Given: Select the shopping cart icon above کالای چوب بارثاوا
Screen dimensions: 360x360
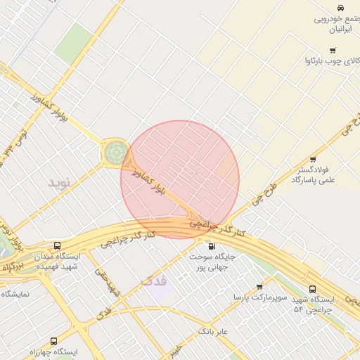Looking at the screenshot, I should (332, 50).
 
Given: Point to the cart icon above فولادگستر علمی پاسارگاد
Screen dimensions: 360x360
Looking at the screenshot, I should (313, 159).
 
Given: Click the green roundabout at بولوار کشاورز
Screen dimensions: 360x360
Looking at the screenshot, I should (116, 151).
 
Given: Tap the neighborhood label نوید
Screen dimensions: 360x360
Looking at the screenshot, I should (60, 183).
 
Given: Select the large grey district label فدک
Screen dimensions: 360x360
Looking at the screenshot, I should (153, 281).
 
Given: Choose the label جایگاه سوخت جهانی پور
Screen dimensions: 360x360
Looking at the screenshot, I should (211, 262).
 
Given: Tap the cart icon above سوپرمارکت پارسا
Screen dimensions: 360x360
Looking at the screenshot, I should (259, 287).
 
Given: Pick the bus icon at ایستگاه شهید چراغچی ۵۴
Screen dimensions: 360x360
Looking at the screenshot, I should (312, 288).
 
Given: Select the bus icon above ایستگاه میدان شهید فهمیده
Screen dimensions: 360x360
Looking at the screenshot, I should (56, 246).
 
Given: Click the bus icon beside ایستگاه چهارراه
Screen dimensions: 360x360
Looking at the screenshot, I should (54, 341).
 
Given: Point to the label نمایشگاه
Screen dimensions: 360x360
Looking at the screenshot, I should (15, 294).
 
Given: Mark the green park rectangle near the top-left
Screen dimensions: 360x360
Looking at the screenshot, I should (73, 42).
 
